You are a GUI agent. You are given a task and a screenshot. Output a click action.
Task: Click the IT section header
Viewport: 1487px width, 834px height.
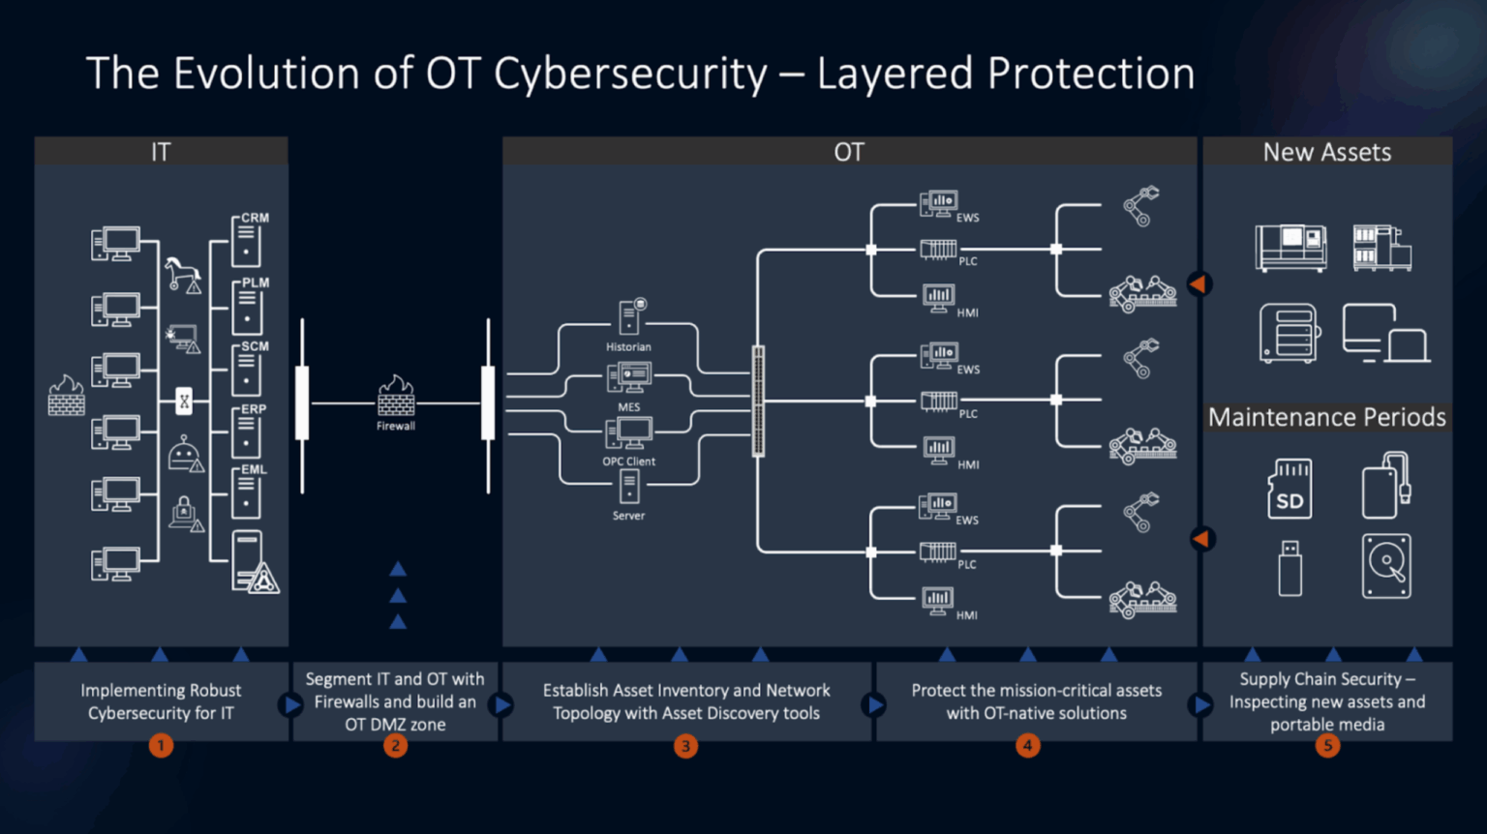161,152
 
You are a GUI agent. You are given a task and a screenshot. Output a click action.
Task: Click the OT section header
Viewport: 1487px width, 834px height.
849,152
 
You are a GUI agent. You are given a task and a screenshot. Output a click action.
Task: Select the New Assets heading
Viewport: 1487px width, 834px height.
1326,152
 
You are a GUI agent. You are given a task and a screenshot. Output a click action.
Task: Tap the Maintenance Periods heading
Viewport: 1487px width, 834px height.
1326,417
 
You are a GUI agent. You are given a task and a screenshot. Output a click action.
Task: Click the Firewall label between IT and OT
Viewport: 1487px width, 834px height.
396,426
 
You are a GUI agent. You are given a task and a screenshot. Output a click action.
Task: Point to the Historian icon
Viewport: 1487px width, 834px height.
631,317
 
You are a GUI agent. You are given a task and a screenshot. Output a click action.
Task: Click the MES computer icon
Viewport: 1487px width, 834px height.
629,377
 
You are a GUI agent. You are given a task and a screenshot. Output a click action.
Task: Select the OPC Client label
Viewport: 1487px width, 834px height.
629,462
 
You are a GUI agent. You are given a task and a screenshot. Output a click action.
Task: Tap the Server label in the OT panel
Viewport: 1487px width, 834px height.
628,516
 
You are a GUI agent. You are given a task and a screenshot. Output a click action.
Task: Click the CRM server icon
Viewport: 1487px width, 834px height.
247,242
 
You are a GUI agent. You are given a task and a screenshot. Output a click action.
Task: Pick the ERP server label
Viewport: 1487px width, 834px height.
254,409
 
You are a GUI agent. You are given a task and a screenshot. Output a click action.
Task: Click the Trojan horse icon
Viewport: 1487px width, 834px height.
181,274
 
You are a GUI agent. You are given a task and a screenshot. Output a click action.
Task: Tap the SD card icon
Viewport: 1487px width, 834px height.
1290,489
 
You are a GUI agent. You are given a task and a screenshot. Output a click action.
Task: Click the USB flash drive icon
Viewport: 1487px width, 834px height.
1290,568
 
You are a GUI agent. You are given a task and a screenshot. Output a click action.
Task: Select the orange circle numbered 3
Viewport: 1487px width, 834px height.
685,746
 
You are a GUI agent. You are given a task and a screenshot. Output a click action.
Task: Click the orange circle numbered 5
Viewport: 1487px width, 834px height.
1327,746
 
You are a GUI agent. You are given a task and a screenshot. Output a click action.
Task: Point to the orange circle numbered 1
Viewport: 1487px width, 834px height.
161,746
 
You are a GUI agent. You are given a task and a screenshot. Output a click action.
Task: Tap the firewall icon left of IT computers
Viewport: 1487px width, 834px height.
67,396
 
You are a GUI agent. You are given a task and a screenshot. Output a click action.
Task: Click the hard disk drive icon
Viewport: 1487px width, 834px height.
1386,566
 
